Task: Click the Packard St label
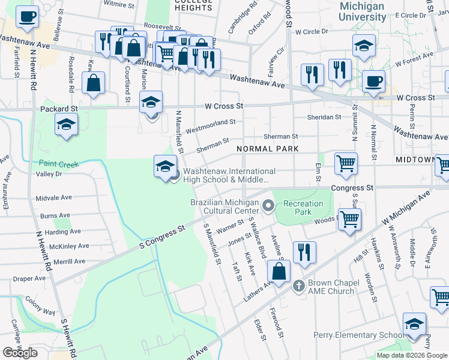tap(59, 109)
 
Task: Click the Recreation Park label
tap(303, 208)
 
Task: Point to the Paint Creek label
tap(59, 163)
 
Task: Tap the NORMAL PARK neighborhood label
tap(267, 148)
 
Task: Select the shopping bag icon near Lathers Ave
tap(279, 271)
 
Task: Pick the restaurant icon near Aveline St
tap(305, 253)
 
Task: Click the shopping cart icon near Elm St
tap(346, 164)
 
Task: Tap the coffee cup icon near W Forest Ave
tap(373, 81)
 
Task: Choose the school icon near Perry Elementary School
tap(414, 324)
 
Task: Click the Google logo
tap(20, 352)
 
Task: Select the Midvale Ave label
tap(53, 197)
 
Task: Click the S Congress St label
tap(161, 237)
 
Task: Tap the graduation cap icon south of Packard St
tap(66, 125)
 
